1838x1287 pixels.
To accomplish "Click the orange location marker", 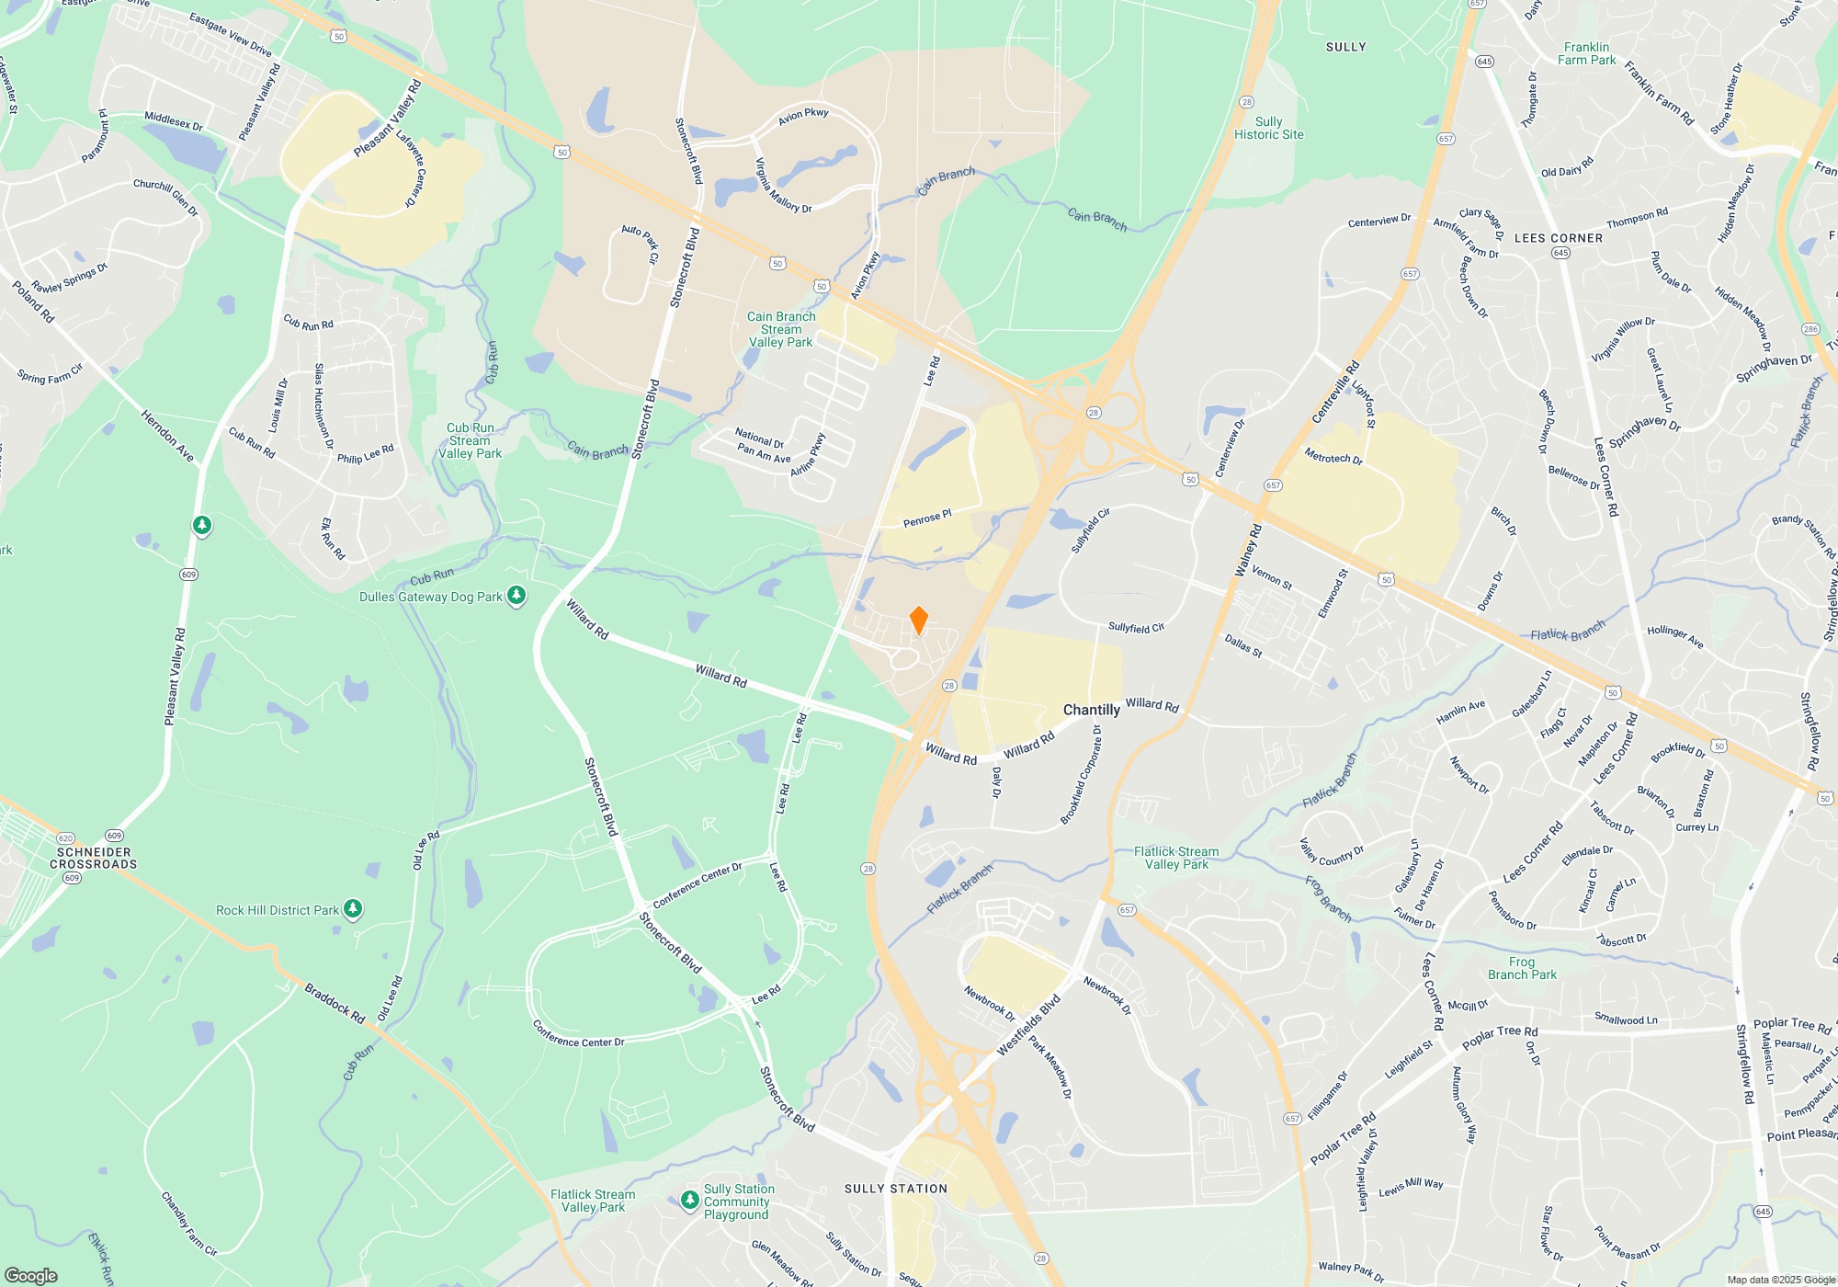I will point(918,621).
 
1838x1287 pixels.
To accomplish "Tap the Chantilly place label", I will point(1091,710).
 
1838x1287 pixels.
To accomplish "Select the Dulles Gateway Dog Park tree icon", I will point(516,597).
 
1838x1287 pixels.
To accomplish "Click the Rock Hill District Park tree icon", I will point(353,910).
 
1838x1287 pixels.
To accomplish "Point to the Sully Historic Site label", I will point(1268,128).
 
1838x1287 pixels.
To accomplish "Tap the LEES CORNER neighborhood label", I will point(1558,238).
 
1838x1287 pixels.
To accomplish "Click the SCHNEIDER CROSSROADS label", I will point(93,858).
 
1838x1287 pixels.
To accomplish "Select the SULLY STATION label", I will point(895,1189).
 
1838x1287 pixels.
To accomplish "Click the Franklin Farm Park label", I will point(1586,53).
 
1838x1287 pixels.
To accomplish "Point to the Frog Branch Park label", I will point(1522,968).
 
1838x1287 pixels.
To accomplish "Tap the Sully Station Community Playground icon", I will point(690,1201).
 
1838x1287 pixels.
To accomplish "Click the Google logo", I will point(31,1275).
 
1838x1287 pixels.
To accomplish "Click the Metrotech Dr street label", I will point(1333,456).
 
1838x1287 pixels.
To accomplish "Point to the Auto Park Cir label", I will point(641,244).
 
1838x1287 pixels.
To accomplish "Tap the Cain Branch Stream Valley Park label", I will point(781,329).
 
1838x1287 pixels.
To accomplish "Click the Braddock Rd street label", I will point(335,1004).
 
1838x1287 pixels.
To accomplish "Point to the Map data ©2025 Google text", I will point(1780,1280).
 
